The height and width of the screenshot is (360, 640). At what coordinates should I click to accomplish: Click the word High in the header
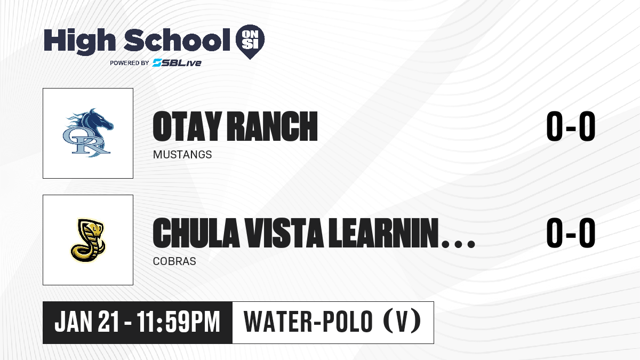pyautogui.click(x=79, y=41)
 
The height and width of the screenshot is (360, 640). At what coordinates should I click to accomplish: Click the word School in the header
pyautogui.click(x=177, y=39)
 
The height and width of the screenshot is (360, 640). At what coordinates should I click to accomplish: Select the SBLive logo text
pyautogui.click(x=177, y=62)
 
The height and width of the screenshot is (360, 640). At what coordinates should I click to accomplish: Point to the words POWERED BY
pyautogui.click(x=130, y=63)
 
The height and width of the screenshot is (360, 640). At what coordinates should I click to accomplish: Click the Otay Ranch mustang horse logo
pyautogui.click(x=88, y=133)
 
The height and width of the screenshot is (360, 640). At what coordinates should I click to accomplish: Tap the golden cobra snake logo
pyautogui.click(x=88, y=240)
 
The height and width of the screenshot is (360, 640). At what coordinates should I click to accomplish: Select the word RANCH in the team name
pyautogui.click(x=273, y=126)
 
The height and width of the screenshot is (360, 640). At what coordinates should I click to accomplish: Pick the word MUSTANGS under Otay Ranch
pyautogui.click(x=182, y=155)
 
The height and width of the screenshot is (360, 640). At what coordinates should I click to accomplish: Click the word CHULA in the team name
pyautogui.click(x=196, y=233)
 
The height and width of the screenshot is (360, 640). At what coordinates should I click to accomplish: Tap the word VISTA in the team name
pyautogui.click(x=284, y=233)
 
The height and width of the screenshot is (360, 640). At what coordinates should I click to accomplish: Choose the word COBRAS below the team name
pyautogui.click(x=174, y=261)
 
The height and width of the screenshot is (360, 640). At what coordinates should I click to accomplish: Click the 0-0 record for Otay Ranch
pyautogui.click(x=571, y=126)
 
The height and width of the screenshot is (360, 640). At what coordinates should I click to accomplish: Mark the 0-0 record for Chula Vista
pyautogui.click(x=571, y=233)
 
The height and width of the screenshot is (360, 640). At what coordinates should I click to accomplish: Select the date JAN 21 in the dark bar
pyautogui.click(x=86, y=322)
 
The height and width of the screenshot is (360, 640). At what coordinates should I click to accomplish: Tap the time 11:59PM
pyautogui.click(x=178, y=322)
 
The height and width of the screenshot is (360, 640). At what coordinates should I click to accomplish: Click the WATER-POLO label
pyautogui.click(x=308, y=322)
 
